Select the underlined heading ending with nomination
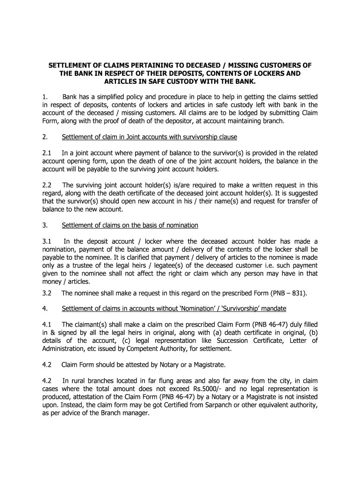click(x=130, y=225)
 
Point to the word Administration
click(x=63, y=348)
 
